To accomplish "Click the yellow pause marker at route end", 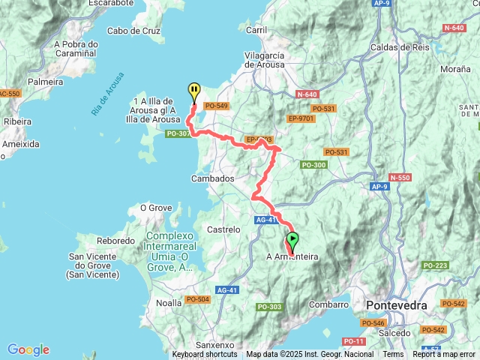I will click(x=193, y=91).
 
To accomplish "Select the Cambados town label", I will click(x=214, y=178).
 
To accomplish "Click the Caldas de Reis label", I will click(x=398, y=46).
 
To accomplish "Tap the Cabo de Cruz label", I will click(x=135, y=31).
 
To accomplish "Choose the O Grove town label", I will click(x=157, y=208).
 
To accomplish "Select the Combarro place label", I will click(x=329, y=304).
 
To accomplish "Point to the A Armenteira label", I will click(x=292, y=257).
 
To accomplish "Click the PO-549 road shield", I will click(x=217, y=106).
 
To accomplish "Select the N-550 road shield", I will click(x=400, y=178).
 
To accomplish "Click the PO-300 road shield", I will click(x=313, y=165).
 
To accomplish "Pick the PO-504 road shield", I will click(x=198, y=299).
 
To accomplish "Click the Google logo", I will click(x=28, y=349).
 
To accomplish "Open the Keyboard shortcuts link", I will click(x=204, y=355).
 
